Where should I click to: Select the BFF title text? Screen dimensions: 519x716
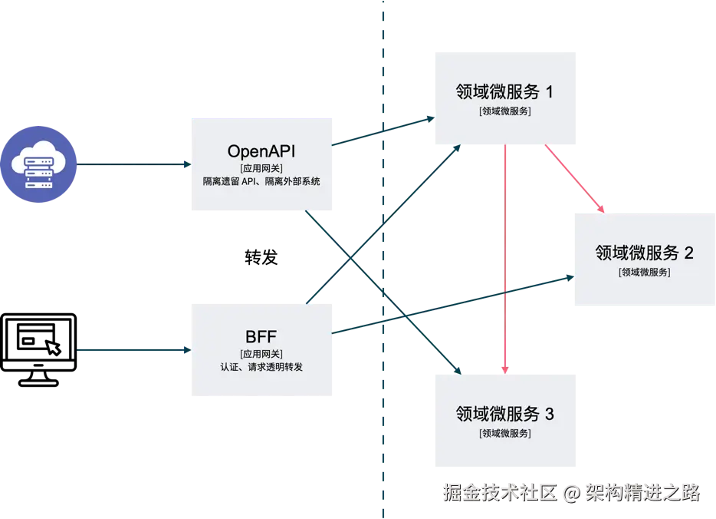pyautogui.click(x=261, y=336)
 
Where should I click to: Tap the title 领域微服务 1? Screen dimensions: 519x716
pyautogui.click(x=504, y=92)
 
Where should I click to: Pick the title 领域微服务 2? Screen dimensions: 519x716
pyautogui.click(x=644, y=253)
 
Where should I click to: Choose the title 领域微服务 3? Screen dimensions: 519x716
pyautogui.click(x=504, y=415)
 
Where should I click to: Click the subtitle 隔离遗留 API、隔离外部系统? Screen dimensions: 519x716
pyautogui.click(x=262, y=182)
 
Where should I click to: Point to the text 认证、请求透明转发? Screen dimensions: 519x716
pyautogui.click(x=261, y=367)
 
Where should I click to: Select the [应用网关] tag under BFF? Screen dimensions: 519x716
pyautogui.click(x=261, y=353)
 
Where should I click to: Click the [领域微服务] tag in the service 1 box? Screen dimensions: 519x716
pyautogui.click(x=504, y=111)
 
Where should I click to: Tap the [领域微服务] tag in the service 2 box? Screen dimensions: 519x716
pyautogui.click(x=644, y=271)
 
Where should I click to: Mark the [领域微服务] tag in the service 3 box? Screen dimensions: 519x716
pyautogui.click(x=504, y=433)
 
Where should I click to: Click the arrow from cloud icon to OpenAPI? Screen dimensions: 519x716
pyautogui.click(x=134, y=164)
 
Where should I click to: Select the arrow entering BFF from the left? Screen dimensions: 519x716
pyautogui.click(x=134, y=350)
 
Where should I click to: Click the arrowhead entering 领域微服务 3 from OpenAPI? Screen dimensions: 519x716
pyautogui.click(x=458, y=370)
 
